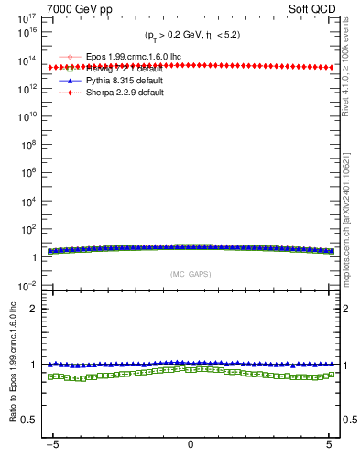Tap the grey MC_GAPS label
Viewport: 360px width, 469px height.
coord(191,274)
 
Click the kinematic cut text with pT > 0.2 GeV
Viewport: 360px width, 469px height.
coord(191,35)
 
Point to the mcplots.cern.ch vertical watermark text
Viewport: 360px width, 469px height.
coord(352,220)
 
